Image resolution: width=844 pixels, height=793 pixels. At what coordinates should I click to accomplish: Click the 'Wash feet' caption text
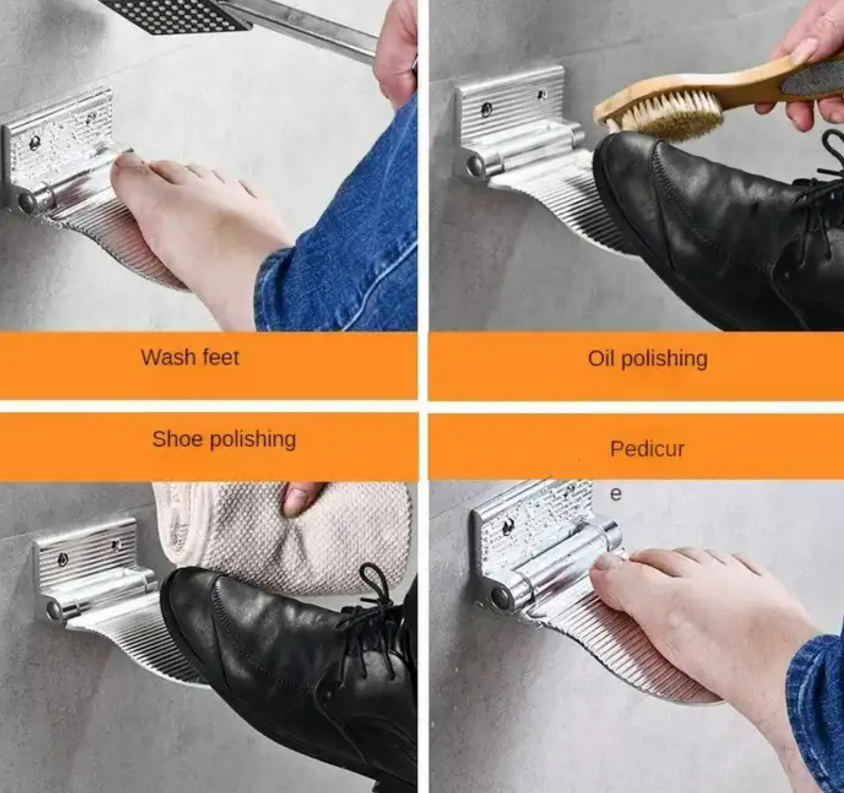(190, 357)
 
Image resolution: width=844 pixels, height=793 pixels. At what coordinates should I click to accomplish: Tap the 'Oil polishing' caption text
(647, 359)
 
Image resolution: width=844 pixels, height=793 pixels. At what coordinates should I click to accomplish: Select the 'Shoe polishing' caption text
(224, 439)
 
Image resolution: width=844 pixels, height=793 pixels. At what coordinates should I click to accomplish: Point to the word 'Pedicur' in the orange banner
(647, 448)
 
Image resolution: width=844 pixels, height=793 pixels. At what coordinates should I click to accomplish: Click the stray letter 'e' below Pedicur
(615, 494)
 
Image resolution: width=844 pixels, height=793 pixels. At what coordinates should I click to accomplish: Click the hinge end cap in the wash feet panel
(26, 203)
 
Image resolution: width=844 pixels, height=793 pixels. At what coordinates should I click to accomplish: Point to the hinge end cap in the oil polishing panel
(475, 166)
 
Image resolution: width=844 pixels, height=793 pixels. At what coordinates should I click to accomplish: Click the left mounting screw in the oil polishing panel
(486, 109)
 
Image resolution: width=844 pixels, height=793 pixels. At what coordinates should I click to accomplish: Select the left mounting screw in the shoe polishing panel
(62, 559)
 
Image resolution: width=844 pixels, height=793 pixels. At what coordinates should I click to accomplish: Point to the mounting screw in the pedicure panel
(508, 526)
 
